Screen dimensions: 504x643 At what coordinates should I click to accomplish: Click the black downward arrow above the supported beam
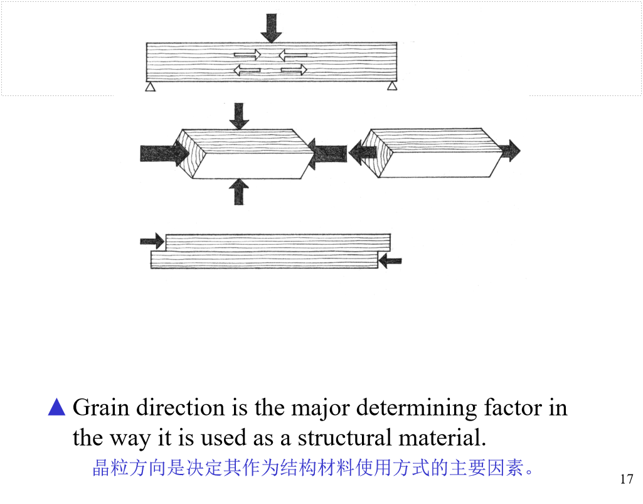pyautogui.click(x=271, y=28)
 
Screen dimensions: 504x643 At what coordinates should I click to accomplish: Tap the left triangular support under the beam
pyautogui.click(x=150, y=87)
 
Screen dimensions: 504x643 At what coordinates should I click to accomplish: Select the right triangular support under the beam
pyautogui.click(x=392, y=86)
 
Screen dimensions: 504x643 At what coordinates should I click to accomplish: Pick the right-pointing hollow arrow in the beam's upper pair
pyautogui.click(x=247, y=55)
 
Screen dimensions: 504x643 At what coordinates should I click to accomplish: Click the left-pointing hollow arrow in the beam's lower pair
pyautogui.click(x=247, y=70)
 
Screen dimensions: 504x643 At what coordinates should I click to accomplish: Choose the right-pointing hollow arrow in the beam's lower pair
pyautogui.click(x=294, y=70)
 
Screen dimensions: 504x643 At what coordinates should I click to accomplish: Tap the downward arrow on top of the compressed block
pyautogui.click(x=238, y=116)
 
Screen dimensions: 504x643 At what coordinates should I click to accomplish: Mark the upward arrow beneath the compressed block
pyautogui.click(x=238, y=191)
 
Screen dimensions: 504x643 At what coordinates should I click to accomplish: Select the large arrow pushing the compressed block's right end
pyautogui.click(x=329, y=153)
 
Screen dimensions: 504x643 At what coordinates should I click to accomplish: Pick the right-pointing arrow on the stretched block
pyautogui.click(x=509, y=151)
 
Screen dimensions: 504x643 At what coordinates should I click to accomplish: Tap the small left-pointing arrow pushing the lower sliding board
pyautogui.click(x=391, y=260)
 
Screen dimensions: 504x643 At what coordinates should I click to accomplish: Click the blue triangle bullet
pyautogui.click(x=56, y=407)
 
